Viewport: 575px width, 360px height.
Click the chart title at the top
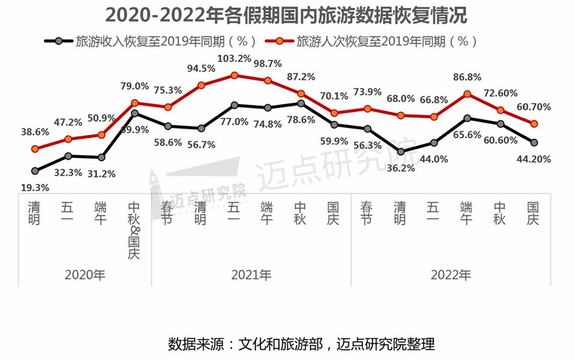pos(287,16)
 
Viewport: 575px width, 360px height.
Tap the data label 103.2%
pos(234,58)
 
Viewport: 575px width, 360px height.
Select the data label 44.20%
pos(534,160)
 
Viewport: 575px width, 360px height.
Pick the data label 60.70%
pos(533,107)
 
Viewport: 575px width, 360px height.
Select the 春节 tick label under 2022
pos(367,213)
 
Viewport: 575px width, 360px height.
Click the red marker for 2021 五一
pos(234,75)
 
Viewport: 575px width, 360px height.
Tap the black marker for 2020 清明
pos(34,171)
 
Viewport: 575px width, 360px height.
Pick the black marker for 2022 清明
pos(401,152)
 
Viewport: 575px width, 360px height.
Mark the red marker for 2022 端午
pos(468,93)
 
